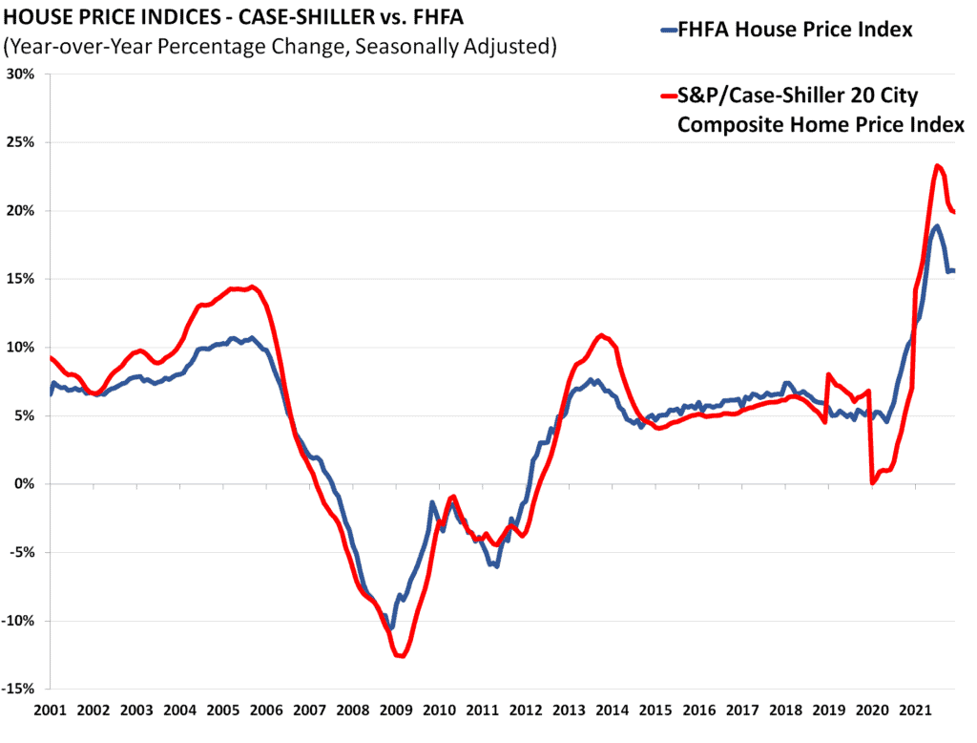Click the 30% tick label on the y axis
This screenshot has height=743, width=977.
(x=22, y=74)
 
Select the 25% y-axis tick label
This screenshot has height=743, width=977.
(x=22, y=142)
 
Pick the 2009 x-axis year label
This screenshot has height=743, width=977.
(x=394, y=711)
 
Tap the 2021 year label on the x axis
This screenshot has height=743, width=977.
(x=915, y=711)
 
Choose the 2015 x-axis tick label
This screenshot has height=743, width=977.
(x=655, y=711)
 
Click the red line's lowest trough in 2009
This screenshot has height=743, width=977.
(x=401, y=656)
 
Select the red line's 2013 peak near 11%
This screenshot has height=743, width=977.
(x=601, y=335)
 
